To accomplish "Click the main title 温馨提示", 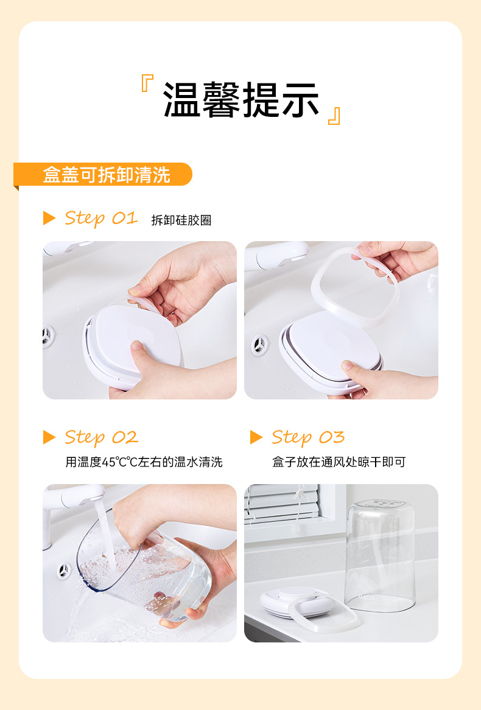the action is [241, 100].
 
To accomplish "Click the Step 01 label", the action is [101, 218].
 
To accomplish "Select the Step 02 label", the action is [102, 437].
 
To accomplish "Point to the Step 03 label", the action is [308, 437].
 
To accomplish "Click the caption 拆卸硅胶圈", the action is [181, 220].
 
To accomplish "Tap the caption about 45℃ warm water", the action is [144, 462].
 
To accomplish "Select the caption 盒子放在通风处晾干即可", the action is [339, 462].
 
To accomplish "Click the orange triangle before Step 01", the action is [49, 218].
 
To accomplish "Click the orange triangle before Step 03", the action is [256, 437].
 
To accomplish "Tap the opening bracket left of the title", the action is [147, 83].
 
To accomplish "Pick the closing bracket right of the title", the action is [334, 116].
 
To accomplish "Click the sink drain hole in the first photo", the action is [47, 336].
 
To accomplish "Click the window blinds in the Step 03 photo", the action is [281, 502].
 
